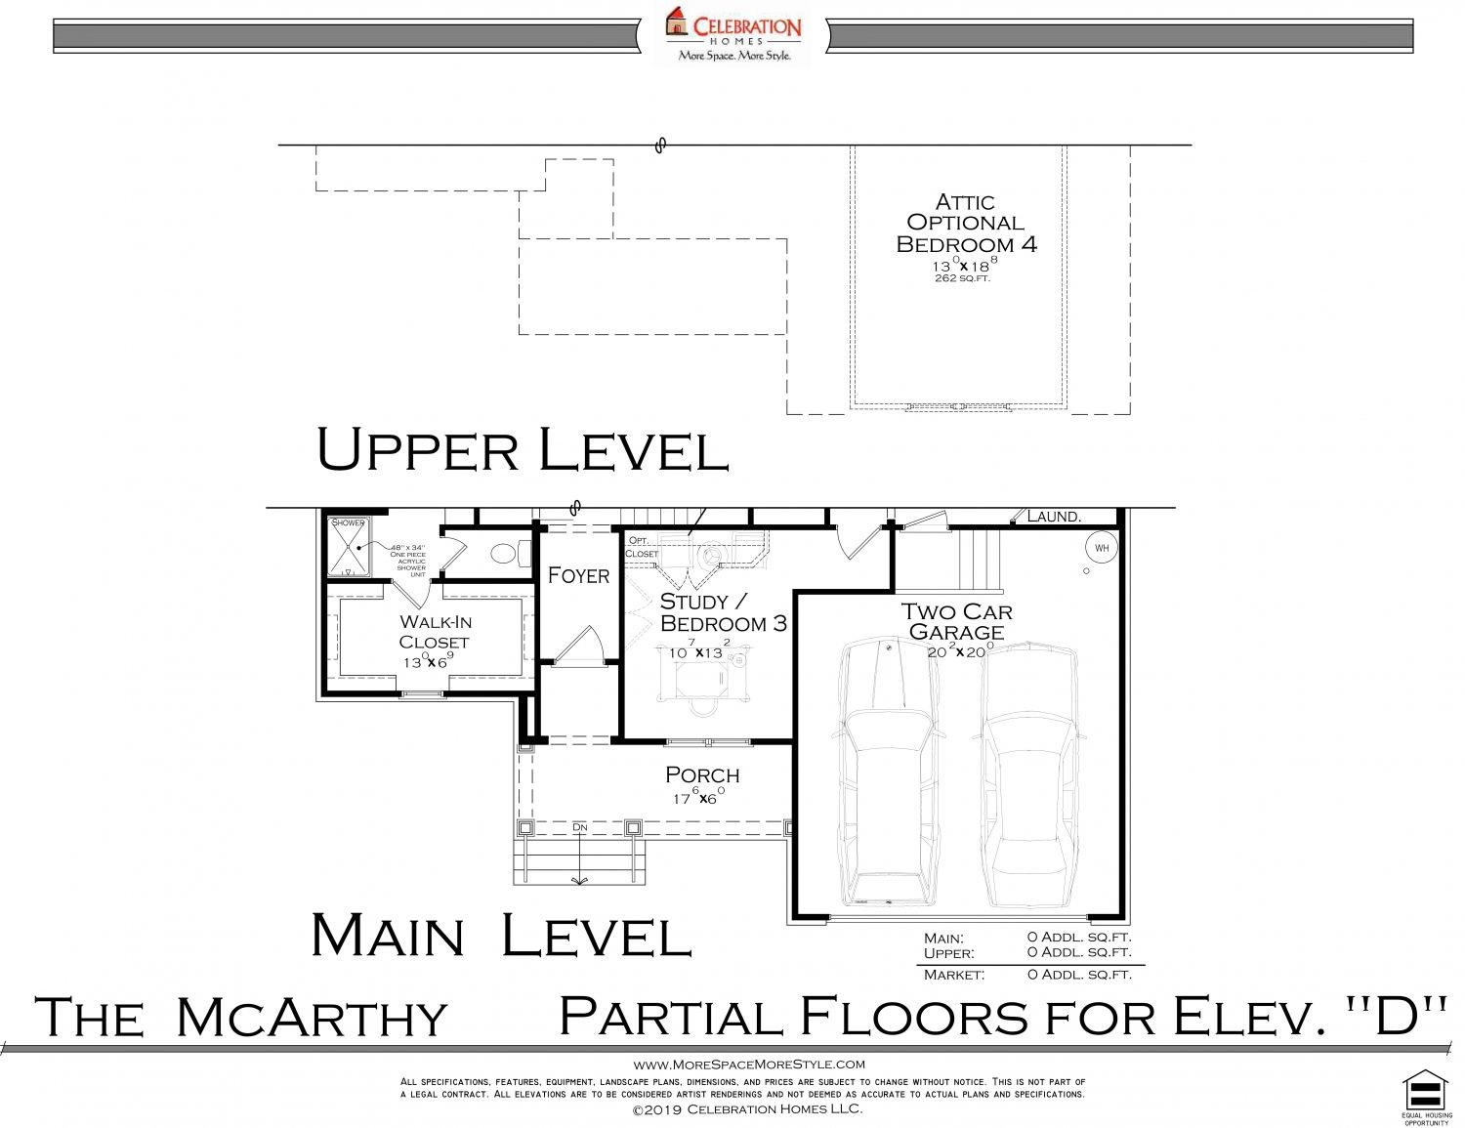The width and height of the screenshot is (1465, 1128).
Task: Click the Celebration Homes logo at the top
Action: pos(733,34)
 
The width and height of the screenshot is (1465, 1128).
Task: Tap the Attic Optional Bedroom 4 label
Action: pos(965,224)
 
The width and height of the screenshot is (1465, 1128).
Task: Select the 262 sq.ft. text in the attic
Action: pos(962,279)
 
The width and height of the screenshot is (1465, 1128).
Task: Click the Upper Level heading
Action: pos(523,451)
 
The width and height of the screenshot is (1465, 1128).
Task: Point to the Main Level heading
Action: pos(501,935)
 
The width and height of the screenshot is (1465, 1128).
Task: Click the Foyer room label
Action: pos(578,575)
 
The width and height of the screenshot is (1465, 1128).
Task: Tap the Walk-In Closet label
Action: pos(435,632)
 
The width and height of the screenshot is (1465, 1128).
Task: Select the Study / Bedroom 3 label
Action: pos(723,612)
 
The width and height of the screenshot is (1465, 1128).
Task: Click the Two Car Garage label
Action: pos(956,621)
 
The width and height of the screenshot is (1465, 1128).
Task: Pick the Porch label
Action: pos(702,775)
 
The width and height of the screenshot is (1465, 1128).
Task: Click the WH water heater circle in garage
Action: pos(1102,548)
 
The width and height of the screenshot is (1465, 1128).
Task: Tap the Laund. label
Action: pos(1054,517)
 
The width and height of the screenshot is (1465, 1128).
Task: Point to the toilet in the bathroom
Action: pos(503,554)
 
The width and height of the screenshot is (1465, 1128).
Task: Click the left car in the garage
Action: pos(889,772)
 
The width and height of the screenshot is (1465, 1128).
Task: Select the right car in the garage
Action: pos(1030,772)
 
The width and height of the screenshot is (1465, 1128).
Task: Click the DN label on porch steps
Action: pos(580,827)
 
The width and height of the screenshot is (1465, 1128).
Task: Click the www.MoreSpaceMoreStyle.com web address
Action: pos(749,1065)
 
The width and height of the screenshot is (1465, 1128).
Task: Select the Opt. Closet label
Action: pos(641,547)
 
